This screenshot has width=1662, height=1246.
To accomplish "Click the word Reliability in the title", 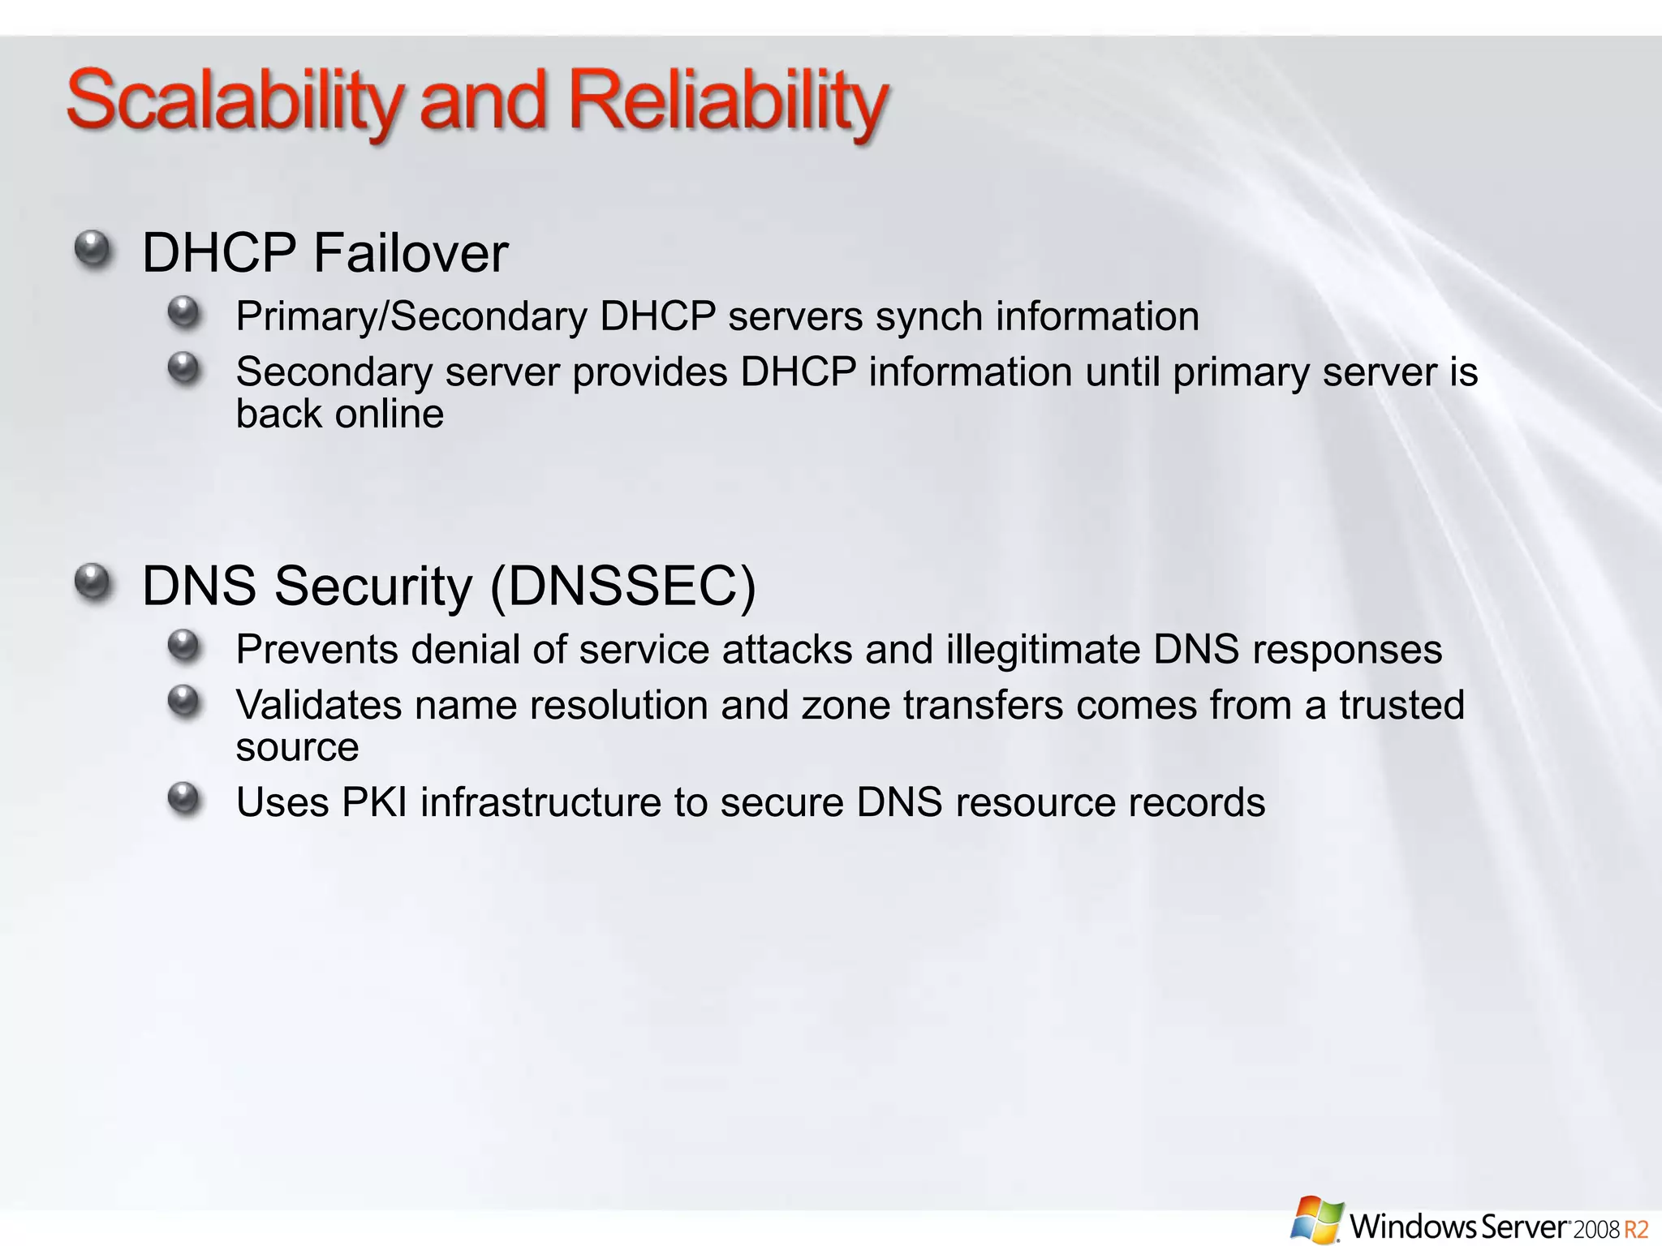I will [728, 102].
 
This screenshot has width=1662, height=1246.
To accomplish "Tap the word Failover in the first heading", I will [411, 253].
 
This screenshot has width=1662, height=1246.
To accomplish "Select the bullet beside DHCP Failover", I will [93, 249].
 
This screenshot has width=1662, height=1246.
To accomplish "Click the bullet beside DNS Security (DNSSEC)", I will [93, 582].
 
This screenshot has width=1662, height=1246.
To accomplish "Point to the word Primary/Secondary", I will [411, 316].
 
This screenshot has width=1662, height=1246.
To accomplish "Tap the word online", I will [390, 415].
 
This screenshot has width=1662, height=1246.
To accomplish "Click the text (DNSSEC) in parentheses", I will [623, 586].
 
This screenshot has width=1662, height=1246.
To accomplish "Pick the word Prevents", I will [316, 650].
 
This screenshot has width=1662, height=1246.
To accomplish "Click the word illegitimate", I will [1043, 650].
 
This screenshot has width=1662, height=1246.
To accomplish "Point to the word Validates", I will [318, 705].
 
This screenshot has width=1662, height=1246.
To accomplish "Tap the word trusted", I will [1402, 705].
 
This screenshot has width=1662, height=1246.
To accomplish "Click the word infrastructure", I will [540, 803].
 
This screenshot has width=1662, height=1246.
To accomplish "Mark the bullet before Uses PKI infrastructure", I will [184, 799].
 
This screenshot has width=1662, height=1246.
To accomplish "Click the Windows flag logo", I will [1317, 1218].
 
